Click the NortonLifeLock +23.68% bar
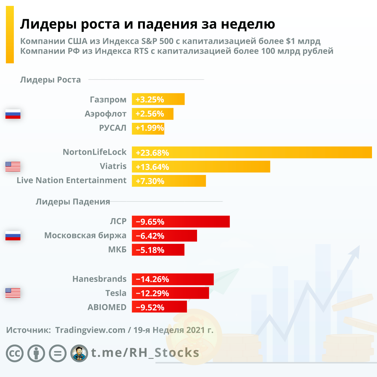(x=252, y=152)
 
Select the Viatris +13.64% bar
(x=201, y=167)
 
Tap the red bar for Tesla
(x=170, y=293)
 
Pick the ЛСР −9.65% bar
(x=181, y=221)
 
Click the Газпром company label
(x=108, y=100)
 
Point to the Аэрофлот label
(x=105, y=114)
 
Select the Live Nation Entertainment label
(x=72, y=180)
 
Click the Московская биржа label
(x=85, y=235)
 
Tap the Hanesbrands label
(x=100, y=279)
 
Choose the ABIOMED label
(x=107, y=307)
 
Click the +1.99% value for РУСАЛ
(x=150, y=128)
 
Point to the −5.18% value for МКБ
(x=150, y=250)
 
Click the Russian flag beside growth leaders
(x=13, y=114)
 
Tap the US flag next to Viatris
(x=13, y=166)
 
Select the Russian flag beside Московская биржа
(x=13, y=236)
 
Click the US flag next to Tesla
(x=13, y=293)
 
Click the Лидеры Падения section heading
(x=73, y=202)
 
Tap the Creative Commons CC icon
(x=15, y=353)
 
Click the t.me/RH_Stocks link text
(x=145, y=353)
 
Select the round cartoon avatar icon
(x=79, y=353)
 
